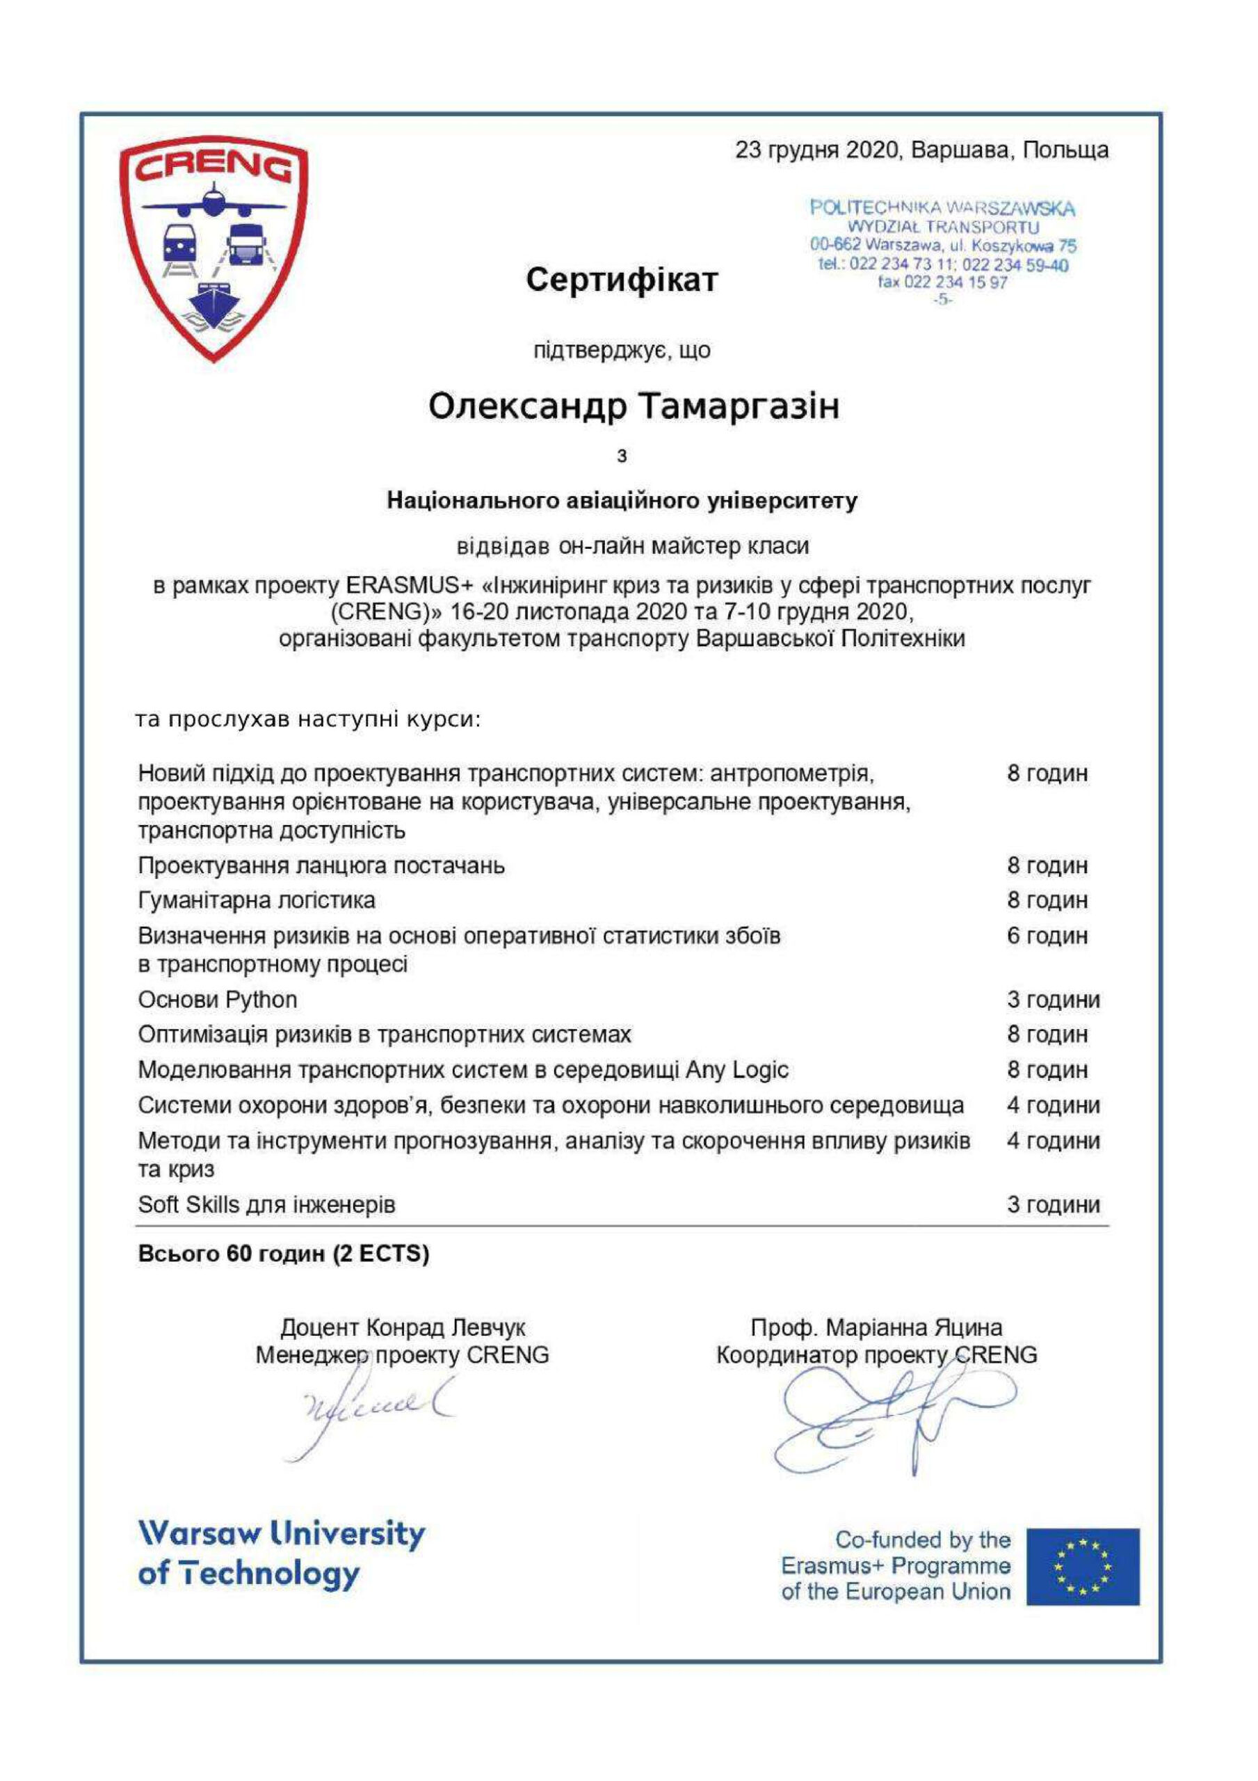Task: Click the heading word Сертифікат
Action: pyautogui.click(x=622, y=280)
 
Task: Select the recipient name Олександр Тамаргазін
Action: pyautogui.click(x=634, y=406)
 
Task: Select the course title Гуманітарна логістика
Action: pyautogui.click(x=257, y=900)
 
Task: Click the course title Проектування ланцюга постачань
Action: pyautogui.click(x=321, y=865)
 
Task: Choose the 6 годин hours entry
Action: pyautogui.click(x=1047, y=936)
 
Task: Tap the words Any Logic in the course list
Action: pyautogui.click(x=737, y=1070)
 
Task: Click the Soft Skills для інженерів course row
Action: pyautogui.click(x=267, y=1205)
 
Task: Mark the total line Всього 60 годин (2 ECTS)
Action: pyautogui.click(x=283, y=1254)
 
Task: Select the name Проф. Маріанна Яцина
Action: pyautogui.click(x=876, y=1327)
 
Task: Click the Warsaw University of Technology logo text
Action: pyautogui.click(x=281, y=1554)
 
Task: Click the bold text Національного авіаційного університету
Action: pyautogui.click(x=622, y=501)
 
